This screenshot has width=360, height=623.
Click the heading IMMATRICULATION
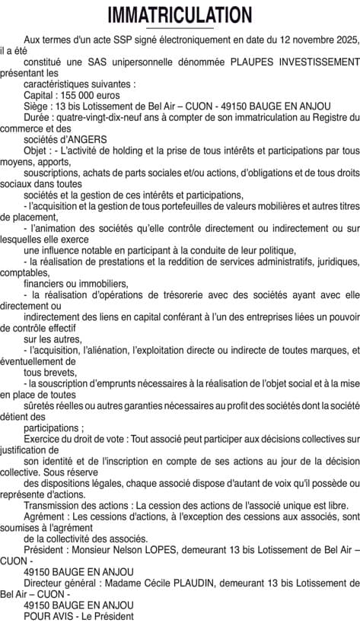pyautogui.click(x=180, y=14)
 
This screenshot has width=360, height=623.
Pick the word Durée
pyautogui.click(x=38, y=117)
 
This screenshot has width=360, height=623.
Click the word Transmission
pyautogui.click(x=53, y=504)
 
